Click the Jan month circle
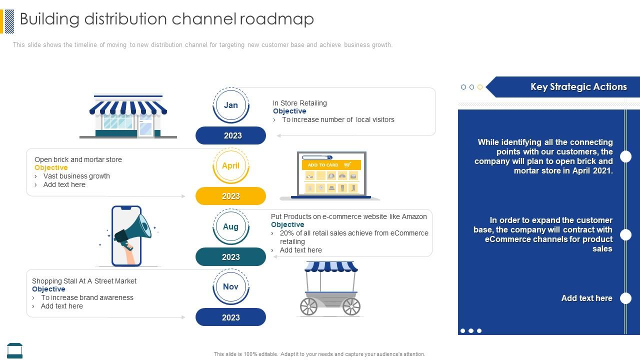pos(230,105)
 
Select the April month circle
pos(230,165)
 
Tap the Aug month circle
pos(230,226)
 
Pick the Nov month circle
pos(230,286)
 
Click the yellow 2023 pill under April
pos(230,196)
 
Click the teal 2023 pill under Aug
pos(230,257)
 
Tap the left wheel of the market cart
pos(308,306)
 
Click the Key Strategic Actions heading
pos(578,86)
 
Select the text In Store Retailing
pos(299,103)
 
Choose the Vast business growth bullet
pos(76,176)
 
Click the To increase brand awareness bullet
pos(87,297)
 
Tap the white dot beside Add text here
pos(625,298)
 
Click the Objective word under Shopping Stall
pos(48,289)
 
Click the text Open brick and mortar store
pos(78,159)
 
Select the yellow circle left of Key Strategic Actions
pos(480,87)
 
